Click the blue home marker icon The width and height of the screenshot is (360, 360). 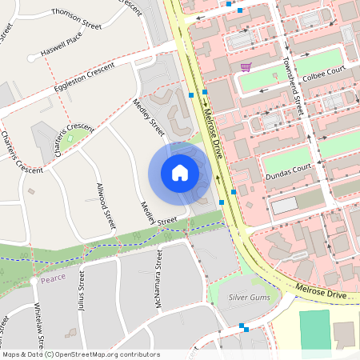click(180, 172)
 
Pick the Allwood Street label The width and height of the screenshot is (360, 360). click(106, 206)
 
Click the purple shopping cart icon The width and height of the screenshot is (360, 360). click(246, 67)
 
